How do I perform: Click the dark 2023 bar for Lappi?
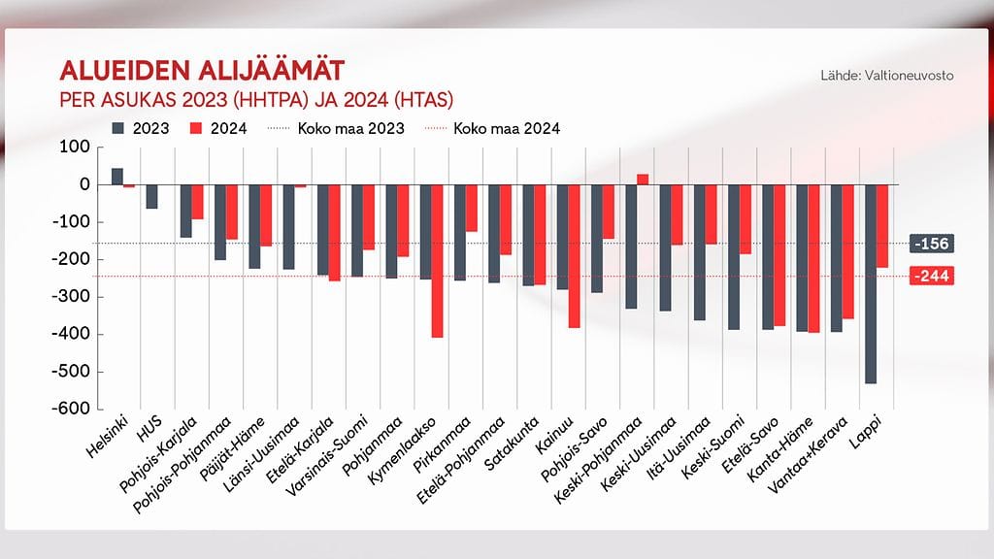pos(871,283)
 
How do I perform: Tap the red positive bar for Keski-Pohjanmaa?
pos(643,179)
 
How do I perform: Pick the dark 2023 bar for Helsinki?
pos(117,176)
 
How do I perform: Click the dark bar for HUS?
pos(151,196)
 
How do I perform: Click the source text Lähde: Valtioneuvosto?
pos(886,75)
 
